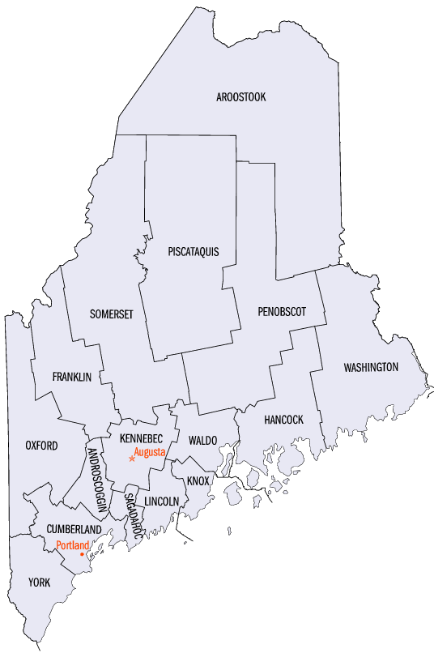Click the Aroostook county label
[241, 97]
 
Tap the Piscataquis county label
[194, 251]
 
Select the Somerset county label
[112, 314]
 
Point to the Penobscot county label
[283, 311]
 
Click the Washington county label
[371, 367]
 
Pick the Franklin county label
[71, 377]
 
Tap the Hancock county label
[283, 420]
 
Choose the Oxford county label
[41, 446]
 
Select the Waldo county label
[202, 440]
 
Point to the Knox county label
[198, 480]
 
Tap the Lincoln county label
[161, 501]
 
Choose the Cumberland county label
[68, 529]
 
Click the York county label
[39, 582]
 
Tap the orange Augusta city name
[150, 451]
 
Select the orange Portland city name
[72, 545]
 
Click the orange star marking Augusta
[132, 459]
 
